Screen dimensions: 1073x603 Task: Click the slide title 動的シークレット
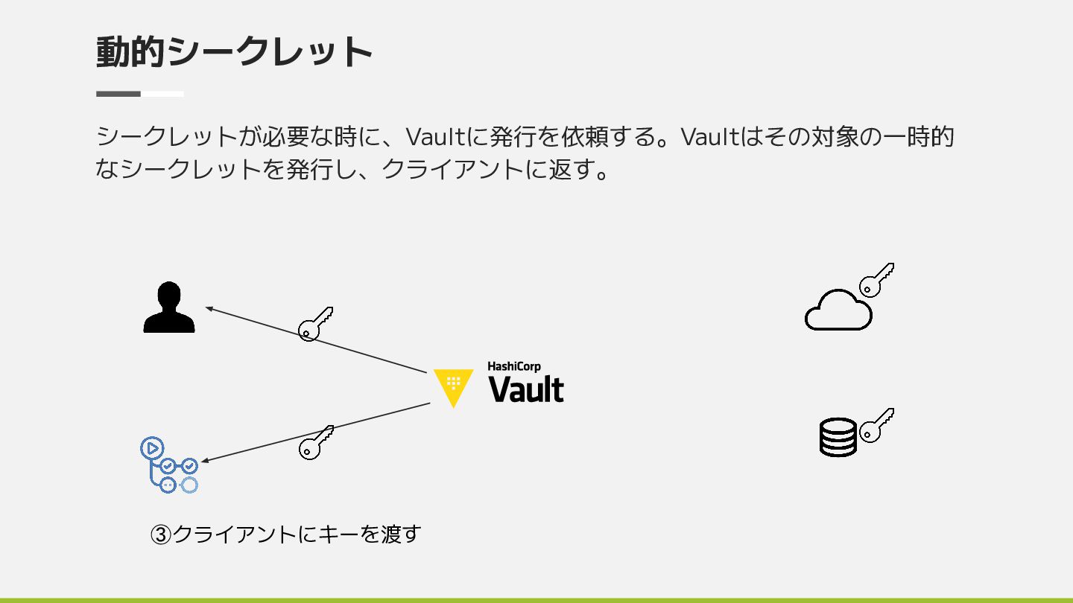click(x=234, y=52)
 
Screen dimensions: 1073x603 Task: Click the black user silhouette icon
click(x=169, y=307)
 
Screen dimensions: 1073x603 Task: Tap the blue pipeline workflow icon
click(x=169, y=466)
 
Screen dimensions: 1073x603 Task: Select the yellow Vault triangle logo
click(x=453, y=386)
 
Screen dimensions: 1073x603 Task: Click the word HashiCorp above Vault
click(x=514, y=366)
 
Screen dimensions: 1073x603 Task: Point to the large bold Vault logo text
click(x=526, y=390)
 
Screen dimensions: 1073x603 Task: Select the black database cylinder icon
click(x=838, y=437)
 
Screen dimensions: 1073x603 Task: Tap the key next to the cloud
click(x=876, y=280)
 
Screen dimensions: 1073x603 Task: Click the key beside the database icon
click(x=876, y=425)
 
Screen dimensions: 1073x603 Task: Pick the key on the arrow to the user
click(x=315, y=324)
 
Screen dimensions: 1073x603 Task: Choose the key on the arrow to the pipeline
click(x=315, y=443)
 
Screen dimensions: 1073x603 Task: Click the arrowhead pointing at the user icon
click(x=209, y=307)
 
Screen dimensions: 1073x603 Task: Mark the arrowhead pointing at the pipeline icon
click(x=205, y=462)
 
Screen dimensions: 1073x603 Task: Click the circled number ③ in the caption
click(x=161, y=535)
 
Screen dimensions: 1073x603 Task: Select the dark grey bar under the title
click(x=118, y=94)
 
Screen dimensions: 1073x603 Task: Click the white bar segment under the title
click(x=162, y=94)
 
